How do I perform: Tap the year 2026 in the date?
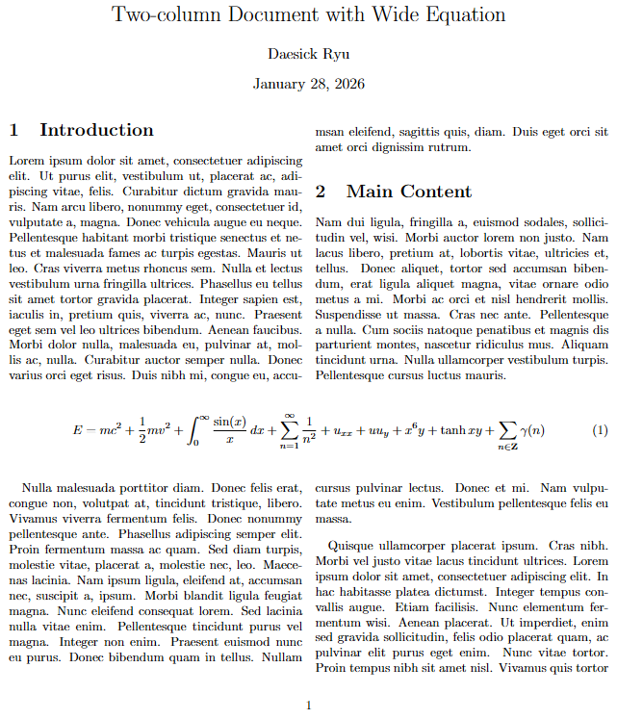(x=347, y=85)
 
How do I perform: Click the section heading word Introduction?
(x=96, y=130)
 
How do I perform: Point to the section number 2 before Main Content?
(x=321, y=192)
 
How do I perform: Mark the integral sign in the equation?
(x=193, y=428)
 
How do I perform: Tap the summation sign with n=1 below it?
(x=288, y=427)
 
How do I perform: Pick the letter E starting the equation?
(x=77, y=429)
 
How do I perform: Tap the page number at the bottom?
(x=308, y=706)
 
